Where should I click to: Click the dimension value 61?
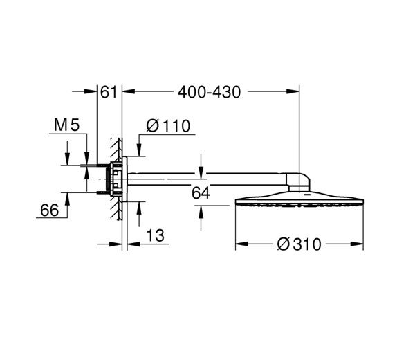(x=109, y=92)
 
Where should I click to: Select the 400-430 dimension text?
(x=209, y=92)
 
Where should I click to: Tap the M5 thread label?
(x=66, y=125)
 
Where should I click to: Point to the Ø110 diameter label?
(x=168, y=126)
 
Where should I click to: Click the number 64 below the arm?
(x=201, y=193)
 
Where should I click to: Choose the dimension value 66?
(x=50, y=210)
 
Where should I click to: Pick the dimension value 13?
(x=156, y=235)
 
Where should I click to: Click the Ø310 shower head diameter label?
(x=299, y=244)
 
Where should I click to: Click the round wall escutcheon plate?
(x=124, y=179)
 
